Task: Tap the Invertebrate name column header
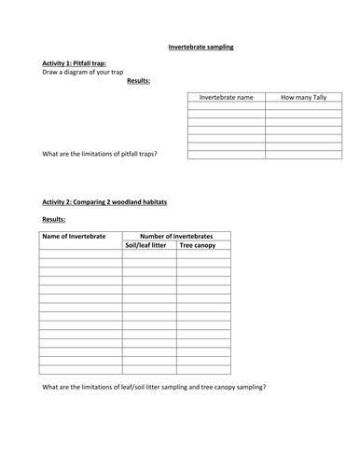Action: point(226,97)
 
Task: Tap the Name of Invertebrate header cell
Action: point(80,237)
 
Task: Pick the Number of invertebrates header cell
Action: point(176,237)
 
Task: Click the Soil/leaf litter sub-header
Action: point(148,247)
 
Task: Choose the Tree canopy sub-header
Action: point(203,247)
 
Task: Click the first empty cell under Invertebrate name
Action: point(226,108)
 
